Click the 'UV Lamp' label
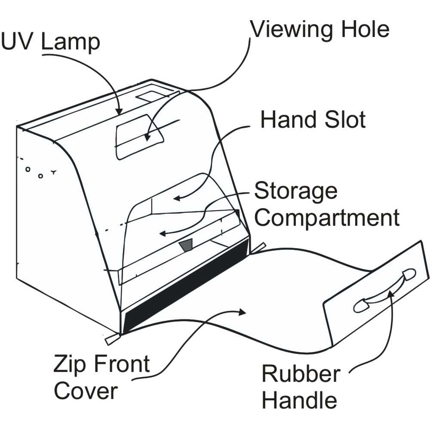click(50, 43)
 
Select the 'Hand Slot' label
click(313, 120)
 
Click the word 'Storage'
click(296, 191)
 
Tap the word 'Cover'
click(86, 392)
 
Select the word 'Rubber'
click(301, 374)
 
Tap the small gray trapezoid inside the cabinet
click(187, 246)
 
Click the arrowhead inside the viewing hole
click(147, 137)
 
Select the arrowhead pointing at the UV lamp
click(120, 111)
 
